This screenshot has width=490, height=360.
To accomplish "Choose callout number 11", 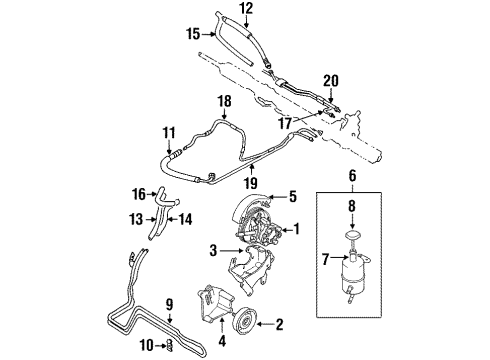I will [x=169, y=131].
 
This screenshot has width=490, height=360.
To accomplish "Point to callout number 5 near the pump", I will [x=293, y=197].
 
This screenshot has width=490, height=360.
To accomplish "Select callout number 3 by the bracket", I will [x=213, y=248].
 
